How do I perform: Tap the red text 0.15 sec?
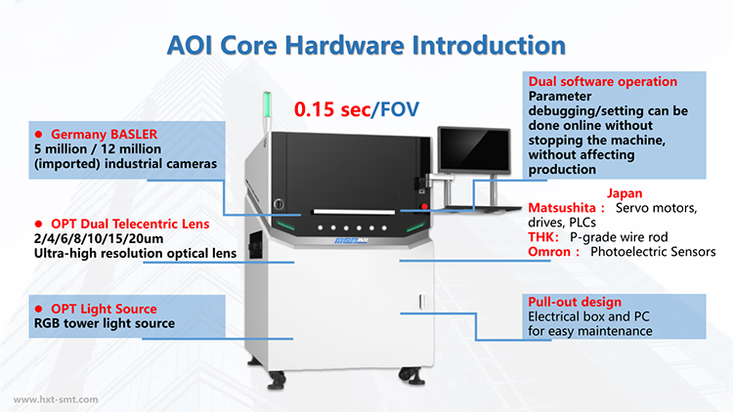click(332, 109)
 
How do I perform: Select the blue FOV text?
click(400, 109)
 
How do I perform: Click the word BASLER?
click(134, 135)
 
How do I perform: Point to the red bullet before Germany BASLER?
click(39, 135)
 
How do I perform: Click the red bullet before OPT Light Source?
click(39, 309)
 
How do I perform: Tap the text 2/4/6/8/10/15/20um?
click(99, 238)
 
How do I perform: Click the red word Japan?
click(625, 193)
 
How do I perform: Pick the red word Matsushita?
click(562, 208)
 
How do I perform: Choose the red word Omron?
click(549, 252)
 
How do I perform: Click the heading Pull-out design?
click(575, 302)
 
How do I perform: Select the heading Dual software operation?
click(603, 82)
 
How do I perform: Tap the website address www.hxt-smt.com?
click(56, 399)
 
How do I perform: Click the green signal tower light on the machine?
click(267, 104)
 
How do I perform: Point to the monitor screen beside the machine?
click(474, 150)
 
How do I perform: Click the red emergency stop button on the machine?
click(424, 206)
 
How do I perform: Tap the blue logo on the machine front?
click(351, 240)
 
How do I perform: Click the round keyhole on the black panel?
click(279, 204)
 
